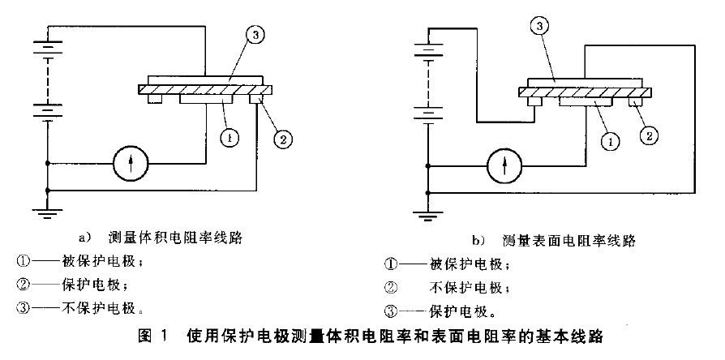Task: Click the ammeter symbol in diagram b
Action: pyautogui.click(x=504, y=167)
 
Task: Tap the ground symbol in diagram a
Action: pyautogui.click(x=49, y=212)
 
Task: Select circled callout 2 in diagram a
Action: pyautogui.click(x=281, y=139)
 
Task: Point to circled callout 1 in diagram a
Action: pyautogui.click(x=230, y=139)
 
